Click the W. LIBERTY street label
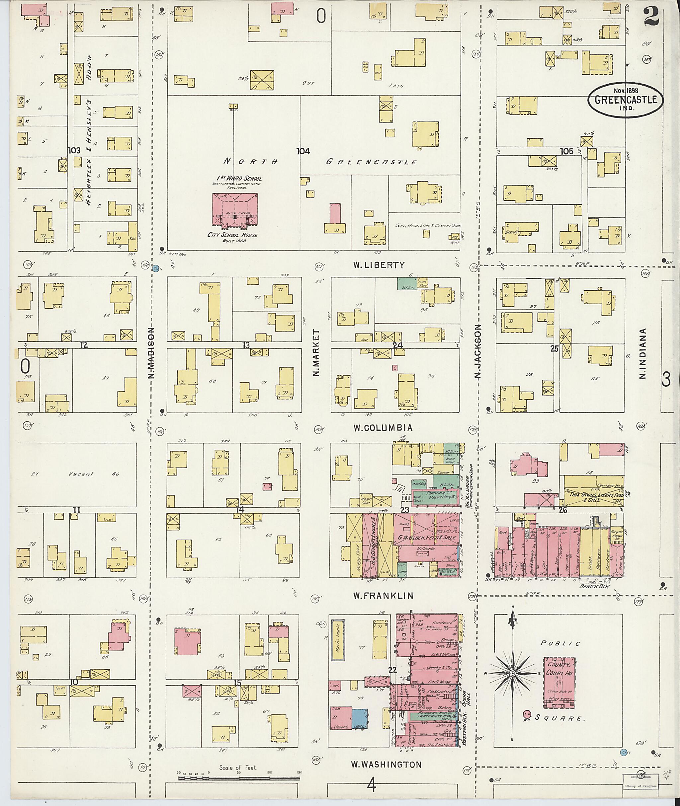point(379,265)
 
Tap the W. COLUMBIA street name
point(383,428)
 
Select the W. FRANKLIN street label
point(383,596)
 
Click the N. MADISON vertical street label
point(151,353)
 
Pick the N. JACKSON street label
point(478,352)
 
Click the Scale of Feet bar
point(239,778)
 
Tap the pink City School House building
point(235,209)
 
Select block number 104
point(303,151)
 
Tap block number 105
point(567,151)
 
